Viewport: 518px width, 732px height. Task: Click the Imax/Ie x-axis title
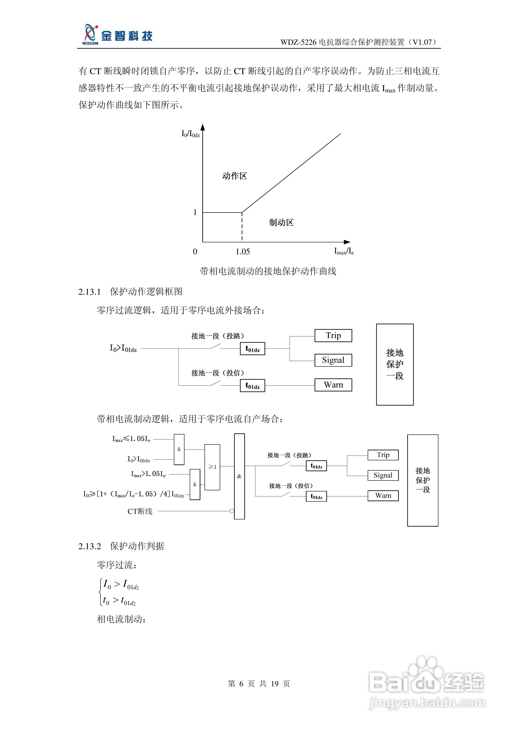344,251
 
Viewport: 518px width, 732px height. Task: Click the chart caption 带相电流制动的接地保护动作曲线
268,271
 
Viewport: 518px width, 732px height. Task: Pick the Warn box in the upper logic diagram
333,385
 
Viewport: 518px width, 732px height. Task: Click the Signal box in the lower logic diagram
383,475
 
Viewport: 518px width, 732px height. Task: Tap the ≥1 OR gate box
212,467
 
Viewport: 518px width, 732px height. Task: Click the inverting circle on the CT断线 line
232,511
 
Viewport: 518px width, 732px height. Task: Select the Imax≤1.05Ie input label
131,439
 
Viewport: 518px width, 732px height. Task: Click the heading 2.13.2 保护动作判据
121,546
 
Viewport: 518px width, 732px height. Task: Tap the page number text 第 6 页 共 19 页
259,684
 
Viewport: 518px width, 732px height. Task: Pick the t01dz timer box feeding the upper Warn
252,385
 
